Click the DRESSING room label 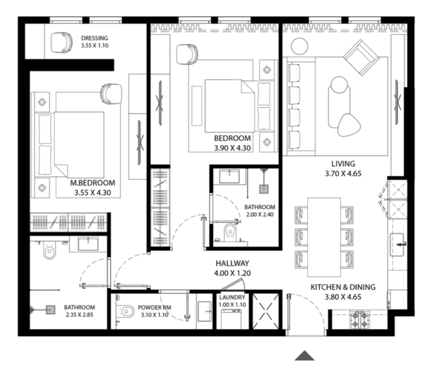click(x=94, y=38)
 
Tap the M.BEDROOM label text click(x=93, y=183)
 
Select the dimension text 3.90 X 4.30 click(x=233, y=148)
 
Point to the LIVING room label click(x=343, y=164)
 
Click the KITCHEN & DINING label click(x=343, y=287)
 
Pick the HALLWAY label click(x=233, y=263)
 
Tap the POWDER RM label click(x=155, y=307)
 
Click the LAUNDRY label click(x=232, y=297)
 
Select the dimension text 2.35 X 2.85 click(x=79, y=315)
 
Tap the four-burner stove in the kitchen click(x=360, y=319)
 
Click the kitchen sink click(x=397, y=245)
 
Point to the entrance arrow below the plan click(x=304, y=356)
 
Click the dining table click(x=324, y=237)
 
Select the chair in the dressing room click(x=62, y=42)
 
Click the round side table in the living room click(x=300, y=46)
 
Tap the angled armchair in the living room click(x=361, y=58)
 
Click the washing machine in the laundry click(x=231, y=319)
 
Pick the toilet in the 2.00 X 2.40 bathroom click(x=230, y=231)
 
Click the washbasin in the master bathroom click(x=88, y=244)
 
